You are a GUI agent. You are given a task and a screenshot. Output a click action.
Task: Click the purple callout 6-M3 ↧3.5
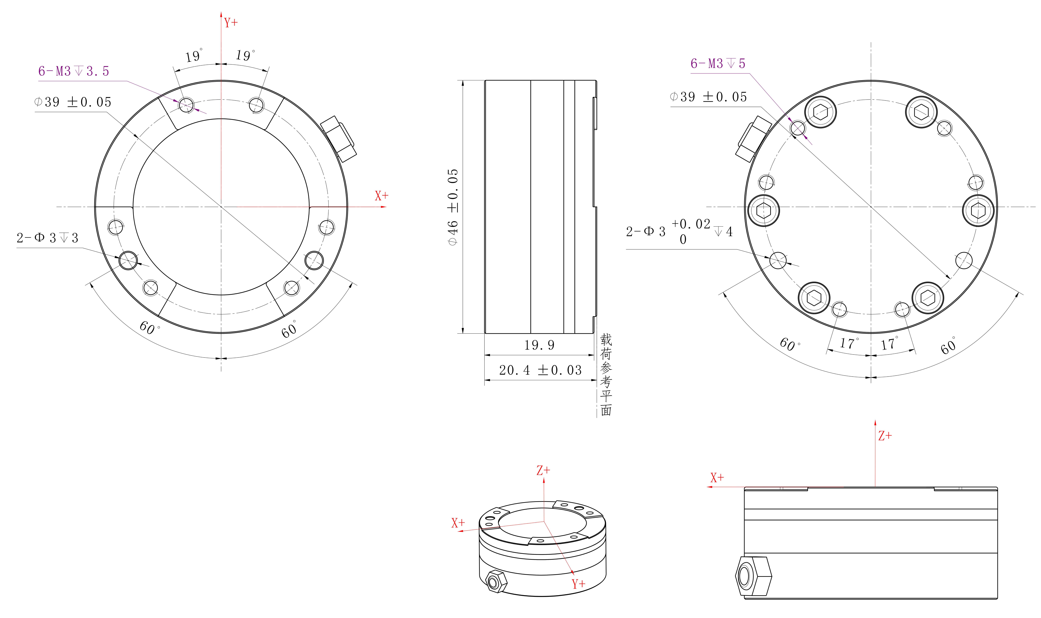[74, 71]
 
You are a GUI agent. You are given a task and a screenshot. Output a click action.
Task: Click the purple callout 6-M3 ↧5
[718, 63]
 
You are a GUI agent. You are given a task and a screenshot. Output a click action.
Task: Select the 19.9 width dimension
[539, 345]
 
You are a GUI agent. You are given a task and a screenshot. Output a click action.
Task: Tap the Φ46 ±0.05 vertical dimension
[453, 207]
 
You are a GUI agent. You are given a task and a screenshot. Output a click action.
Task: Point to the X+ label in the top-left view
[381, 196]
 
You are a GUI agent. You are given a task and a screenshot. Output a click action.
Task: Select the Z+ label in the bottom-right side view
[885, 436]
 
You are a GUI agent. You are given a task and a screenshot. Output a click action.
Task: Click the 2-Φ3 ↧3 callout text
[47, 238]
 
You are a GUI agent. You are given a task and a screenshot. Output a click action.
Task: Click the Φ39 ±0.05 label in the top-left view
[73, 102]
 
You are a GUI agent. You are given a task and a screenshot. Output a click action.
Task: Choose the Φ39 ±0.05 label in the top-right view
[708, 97]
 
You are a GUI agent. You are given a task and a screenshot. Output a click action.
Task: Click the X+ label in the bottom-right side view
[717, 478]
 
